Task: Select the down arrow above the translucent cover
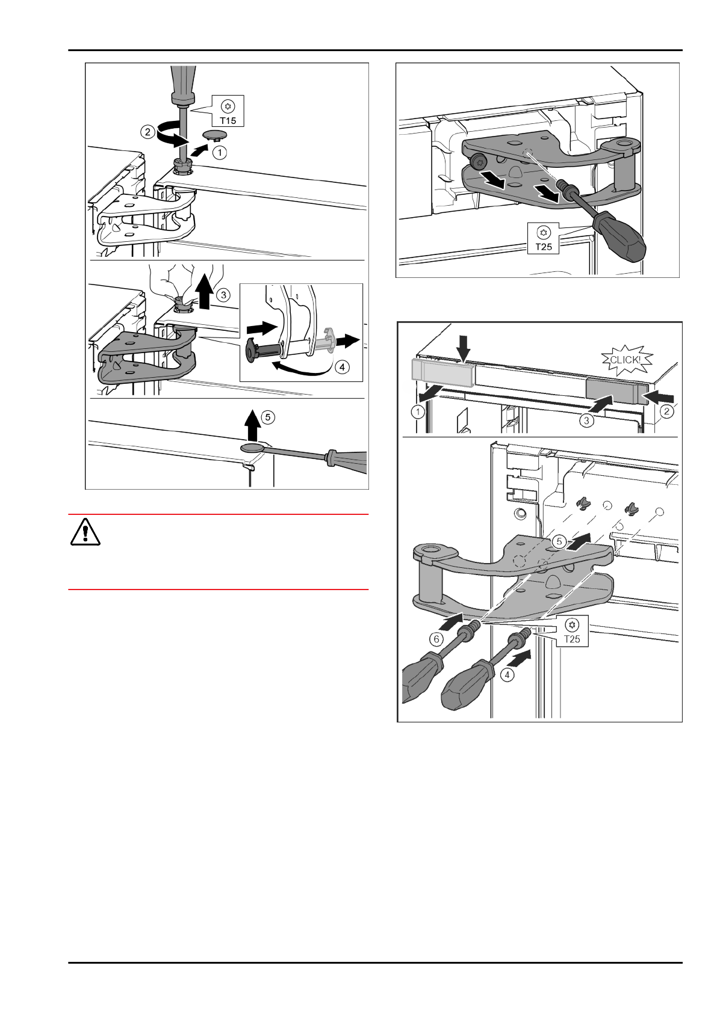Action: click(x=463, y=347)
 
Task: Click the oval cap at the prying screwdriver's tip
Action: click(x=252, y=447)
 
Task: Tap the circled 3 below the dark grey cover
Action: click(x=587, y=420)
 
